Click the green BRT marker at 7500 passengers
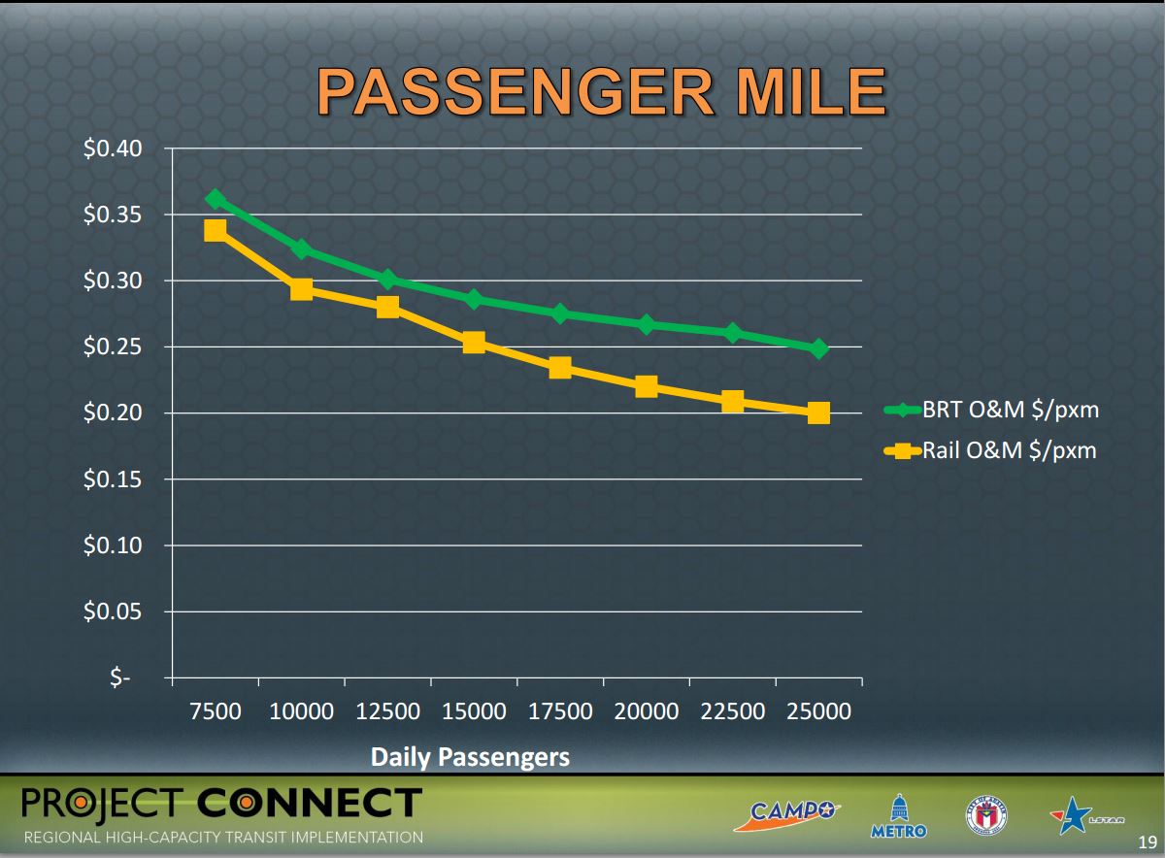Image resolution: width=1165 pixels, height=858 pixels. [x=216, y=199]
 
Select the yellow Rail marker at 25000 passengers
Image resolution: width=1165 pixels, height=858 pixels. [x=818, y=412]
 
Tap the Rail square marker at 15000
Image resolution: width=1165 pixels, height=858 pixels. [x=474, y=342]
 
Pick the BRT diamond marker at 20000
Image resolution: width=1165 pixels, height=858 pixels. [x=647, y=324]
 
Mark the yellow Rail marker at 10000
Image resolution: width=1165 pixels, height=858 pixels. [x=301, y=288]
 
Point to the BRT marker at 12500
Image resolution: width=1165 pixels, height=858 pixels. [x=387, y=280]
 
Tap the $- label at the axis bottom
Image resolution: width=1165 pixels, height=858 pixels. [x=118, y=678]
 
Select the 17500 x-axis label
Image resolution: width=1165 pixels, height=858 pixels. [x=560, y=711]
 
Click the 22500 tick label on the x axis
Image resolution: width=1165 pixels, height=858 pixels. [x=733, y=711]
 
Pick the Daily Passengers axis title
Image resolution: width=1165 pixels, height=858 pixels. [x=470, y=757]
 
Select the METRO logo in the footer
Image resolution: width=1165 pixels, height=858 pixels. [x=898, y=817]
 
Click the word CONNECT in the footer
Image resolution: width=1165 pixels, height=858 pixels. [x=310, y=803]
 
